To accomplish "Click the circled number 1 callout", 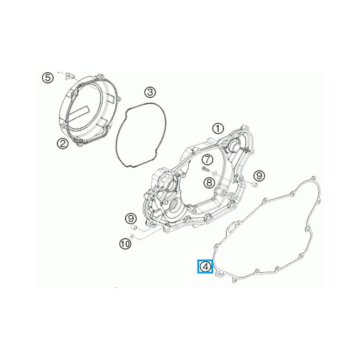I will coord(218,128).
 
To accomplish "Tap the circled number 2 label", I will coord(62,143).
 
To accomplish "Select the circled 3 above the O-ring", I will coord(150,92).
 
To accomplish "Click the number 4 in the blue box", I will coord(205,267).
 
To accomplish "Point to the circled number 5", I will coord(48,77).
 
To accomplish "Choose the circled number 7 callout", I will coord(207,159).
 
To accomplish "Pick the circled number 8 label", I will coord(208,182).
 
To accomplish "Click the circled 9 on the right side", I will coord(259,175).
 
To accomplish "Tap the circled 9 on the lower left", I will coord(131,218).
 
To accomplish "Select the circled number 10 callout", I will coord(125,243).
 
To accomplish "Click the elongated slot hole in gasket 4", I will coord(231,227).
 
